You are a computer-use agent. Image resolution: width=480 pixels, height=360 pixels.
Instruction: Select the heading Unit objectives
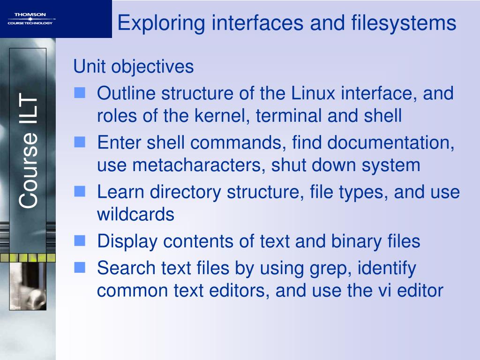pos(134,67)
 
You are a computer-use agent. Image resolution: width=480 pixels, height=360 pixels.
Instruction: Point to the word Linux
pos(314,93)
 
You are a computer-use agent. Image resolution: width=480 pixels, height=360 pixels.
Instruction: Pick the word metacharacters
pos(204,165)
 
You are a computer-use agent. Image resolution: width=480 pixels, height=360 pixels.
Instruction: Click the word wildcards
pos(135,215)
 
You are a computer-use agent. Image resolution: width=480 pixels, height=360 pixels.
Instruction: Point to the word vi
pos(384,291)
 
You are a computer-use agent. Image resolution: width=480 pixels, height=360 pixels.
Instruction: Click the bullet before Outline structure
pos(80,93)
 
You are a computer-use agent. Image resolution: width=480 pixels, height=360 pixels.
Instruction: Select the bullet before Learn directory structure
pos(80,192)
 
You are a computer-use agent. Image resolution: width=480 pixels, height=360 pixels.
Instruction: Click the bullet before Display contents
pos(80,241)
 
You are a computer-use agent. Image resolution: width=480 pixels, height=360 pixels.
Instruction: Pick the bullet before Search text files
pos(80,268)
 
